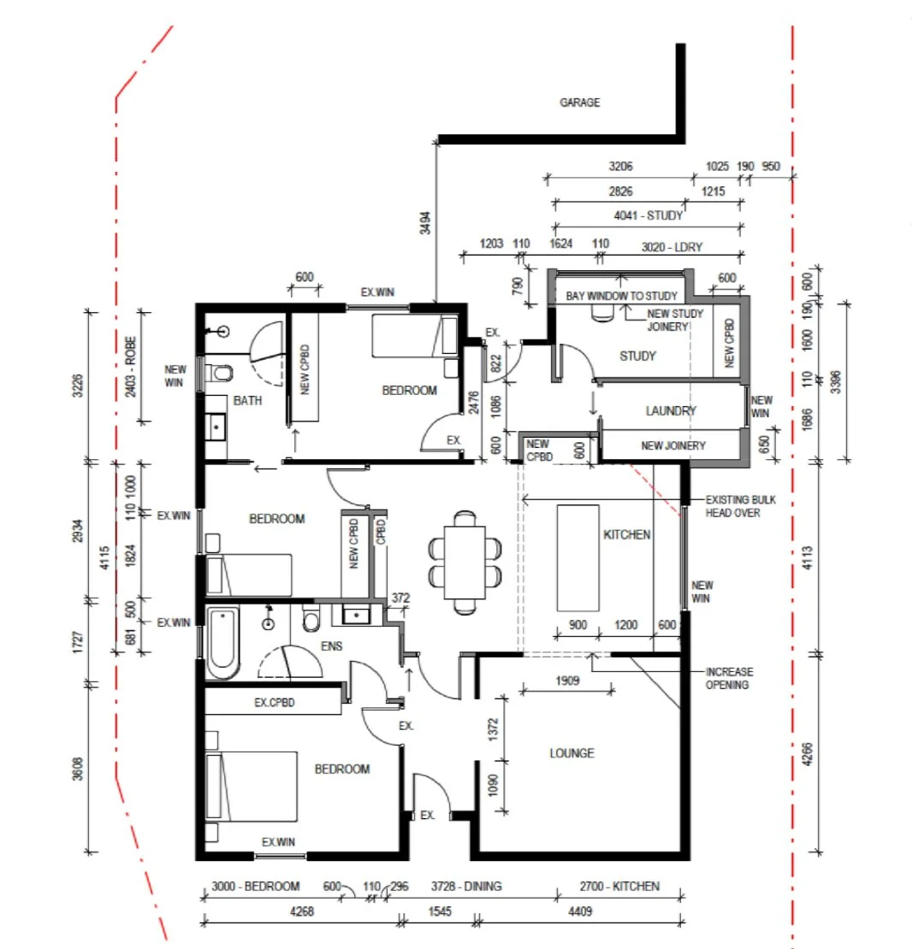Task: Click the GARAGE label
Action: [x=579, y=103]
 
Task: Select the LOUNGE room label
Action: [x=571, y=753]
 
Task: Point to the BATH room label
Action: [x=249, y=400]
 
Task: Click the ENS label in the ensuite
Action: [x=332, y=647]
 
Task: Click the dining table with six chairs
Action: [x=465, y=563]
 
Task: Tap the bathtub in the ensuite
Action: [x=222, y=643]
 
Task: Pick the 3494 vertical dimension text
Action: [x=426, y=223]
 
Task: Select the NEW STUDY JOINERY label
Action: [x=675, y=319]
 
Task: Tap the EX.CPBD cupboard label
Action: [x=275, y=703]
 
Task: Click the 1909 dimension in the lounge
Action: [x=566, y=681]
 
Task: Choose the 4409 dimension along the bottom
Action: [x=579, y=911]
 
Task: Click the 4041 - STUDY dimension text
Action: [x=648, y=215]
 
